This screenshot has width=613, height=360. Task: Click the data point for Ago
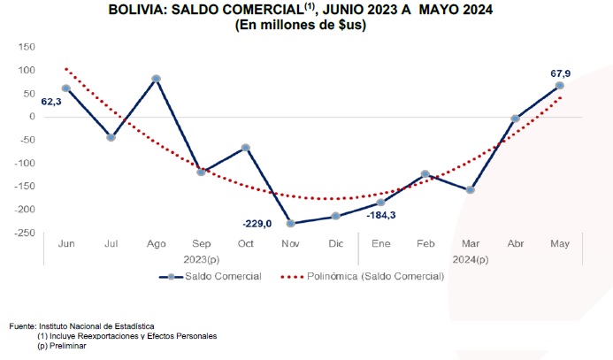pyautogui.click(x=157, y=79)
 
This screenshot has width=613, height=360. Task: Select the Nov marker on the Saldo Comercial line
pyautogui.click(x=291, y=223)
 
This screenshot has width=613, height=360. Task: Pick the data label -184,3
pyautogui.click(x=380, y=215)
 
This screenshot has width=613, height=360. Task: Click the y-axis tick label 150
pyautogui.click(x=27, y=47)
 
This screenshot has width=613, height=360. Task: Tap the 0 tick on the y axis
pyautogui.click(x=32, y=117)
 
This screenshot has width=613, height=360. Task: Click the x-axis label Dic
pyautogui.click(x=335, y=242)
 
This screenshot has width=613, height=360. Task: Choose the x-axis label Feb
pyautogui.click(x=425, y=242)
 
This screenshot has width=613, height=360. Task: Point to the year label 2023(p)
pyautogui.click(x=200, y=259)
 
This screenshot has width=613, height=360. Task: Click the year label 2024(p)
pyautogui.click(x=469, y=259)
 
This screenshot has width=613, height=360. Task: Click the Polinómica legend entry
pyautogui.click(x=363, y=277)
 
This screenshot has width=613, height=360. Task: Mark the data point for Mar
pyautogui.click(x=470, y=190)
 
